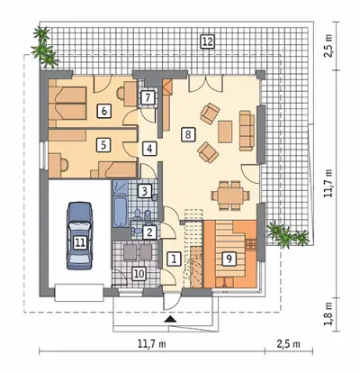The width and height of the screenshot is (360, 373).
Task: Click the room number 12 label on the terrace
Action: point(207,41)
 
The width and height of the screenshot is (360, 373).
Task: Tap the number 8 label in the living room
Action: point(188,134)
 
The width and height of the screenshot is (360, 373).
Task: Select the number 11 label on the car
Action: point(80,242)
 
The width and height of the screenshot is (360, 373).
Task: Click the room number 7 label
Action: point(148,97)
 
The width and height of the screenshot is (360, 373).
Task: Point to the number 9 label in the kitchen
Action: point(229,259)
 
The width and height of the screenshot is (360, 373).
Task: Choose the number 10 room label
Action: point(139,274)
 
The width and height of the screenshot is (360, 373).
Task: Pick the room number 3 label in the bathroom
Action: point(145,191)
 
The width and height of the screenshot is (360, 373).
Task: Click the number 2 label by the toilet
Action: point(149,232)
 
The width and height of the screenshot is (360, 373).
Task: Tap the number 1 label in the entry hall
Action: point(174,259)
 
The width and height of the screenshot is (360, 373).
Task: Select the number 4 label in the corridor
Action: point(149,149)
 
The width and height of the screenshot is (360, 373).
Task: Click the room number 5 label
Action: point(103,145)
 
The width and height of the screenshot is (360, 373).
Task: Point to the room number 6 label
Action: point(103,111)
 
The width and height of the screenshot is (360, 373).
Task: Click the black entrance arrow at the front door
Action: point(170,319)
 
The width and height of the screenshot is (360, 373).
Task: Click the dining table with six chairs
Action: point(230,196)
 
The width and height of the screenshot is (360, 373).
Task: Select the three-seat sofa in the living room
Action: point(247,131)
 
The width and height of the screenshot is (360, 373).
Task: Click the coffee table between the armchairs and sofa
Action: point(225,132)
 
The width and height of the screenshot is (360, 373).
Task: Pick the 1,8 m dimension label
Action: point(329,314)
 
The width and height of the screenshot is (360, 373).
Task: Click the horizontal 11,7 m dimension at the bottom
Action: point(152,344)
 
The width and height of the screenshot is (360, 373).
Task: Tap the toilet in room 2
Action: point(137,232)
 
